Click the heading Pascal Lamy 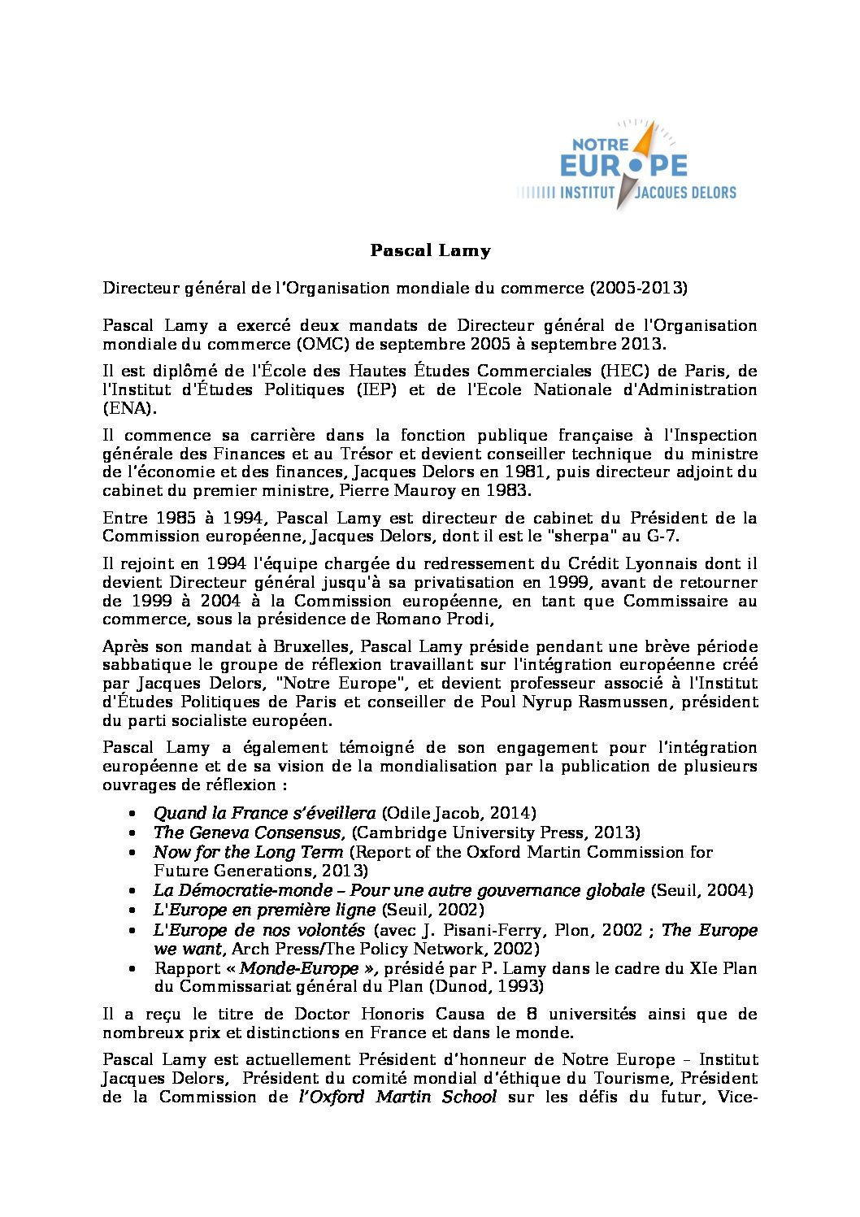(430, 250)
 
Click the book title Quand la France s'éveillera (264, 814)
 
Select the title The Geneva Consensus (247, 833)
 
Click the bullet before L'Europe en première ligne (133, 911)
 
